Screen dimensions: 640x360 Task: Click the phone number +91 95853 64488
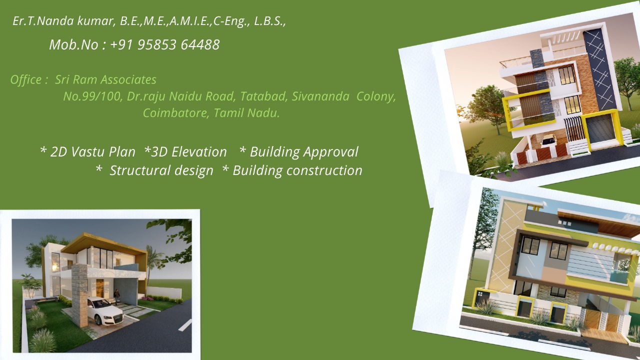[x=165, y=45]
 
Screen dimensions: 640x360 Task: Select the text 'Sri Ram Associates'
[x=105, y=79]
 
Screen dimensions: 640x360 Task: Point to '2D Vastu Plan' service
[x=93, y=151]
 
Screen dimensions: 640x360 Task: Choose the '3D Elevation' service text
[x=189, y=151]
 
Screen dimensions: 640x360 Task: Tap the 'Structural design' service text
[x=161, y=171]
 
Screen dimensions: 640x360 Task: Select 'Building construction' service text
[x=297, y=171]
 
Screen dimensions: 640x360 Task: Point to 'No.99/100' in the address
[x=93, y=96]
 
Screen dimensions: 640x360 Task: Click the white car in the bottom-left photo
[x=104, y=311]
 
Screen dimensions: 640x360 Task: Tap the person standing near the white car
[x=116, y=296]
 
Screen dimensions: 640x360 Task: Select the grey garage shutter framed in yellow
[x=600, y=129]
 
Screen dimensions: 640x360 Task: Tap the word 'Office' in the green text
[x=26, y=79]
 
